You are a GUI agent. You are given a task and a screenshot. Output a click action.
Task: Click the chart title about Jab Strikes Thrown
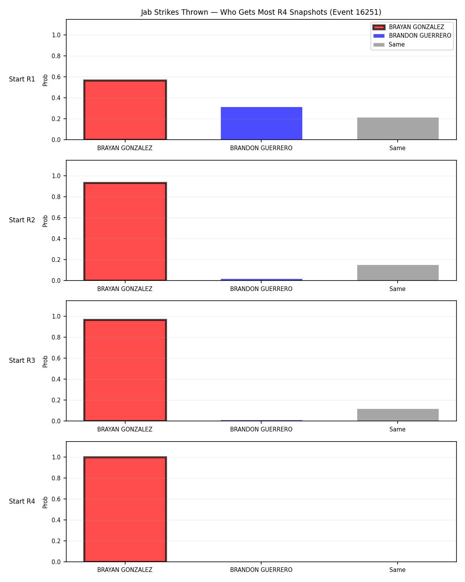[261, 12]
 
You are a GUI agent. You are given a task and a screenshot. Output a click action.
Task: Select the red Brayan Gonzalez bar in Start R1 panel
[125, 110]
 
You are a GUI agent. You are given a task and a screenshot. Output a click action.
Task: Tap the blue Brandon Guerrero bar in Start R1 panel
[261, 123]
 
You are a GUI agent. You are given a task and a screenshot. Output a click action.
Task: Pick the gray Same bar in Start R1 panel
[398, 128]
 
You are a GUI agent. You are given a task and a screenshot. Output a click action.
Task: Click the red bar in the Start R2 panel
[125, 231]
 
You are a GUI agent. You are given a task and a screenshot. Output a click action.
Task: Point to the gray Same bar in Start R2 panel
[398, 273]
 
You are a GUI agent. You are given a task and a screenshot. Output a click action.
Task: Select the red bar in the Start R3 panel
[125, 370]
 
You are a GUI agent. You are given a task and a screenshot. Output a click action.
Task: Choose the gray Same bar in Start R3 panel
[398, 415]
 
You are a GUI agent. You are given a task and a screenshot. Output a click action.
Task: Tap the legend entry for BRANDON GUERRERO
[412, 36]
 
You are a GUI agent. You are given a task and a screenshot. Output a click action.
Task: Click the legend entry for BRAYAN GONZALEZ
[408, 27]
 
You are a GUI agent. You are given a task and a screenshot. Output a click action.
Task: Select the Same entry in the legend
[389, 45]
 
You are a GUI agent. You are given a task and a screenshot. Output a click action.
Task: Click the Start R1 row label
[22, 79]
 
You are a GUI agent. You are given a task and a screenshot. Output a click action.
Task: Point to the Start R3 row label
[22, 360]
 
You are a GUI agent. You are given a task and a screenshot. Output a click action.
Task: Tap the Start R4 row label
[22, 501]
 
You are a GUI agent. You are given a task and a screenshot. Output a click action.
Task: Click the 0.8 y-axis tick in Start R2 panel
[56, 197]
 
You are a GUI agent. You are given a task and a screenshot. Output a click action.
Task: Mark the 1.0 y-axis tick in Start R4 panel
[56, 457]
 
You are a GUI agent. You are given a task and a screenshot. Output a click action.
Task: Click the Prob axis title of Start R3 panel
[45, 362]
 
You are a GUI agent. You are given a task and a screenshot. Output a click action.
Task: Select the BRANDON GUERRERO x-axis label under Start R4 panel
[261, 570]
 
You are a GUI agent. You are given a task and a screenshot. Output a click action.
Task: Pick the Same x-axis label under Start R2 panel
[397, 289]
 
